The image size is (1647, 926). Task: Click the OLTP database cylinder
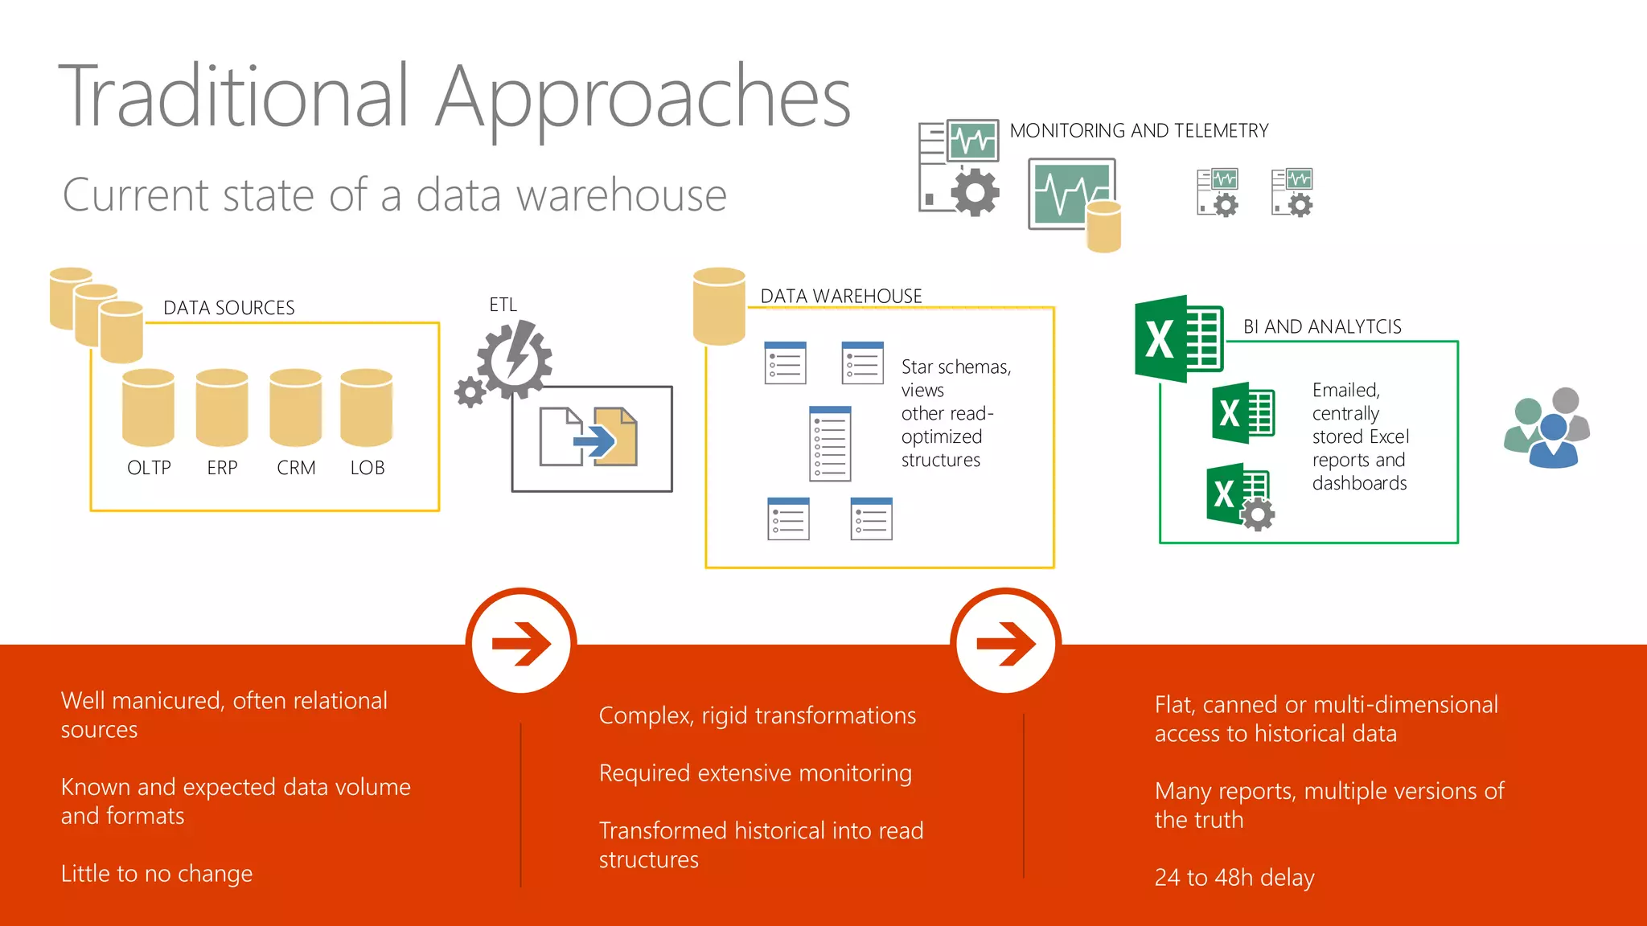point(148,407)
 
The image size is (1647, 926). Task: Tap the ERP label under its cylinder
point(222,468)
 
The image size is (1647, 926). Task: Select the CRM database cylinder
point(296,407)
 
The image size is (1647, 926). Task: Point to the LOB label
point(368,468)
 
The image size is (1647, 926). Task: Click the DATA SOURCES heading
point(228,308)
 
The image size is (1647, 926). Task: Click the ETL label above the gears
point(503,305)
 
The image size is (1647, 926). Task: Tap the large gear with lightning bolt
point(515,359)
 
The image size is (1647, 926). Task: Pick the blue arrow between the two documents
point(594,440)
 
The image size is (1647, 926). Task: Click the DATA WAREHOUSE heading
point(841,297)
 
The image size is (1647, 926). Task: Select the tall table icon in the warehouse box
point(830,444)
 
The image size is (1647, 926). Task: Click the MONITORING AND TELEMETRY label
point(1139,131)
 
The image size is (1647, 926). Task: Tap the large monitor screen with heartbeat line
point(1070,193)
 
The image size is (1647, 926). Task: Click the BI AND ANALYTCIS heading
point(1322,326)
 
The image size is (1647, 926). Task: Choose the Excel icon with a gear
point(1239,495)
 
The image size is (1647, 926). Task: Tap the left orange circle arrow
point(521,642)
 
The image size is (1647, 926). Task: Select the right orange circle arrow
point(1005,642)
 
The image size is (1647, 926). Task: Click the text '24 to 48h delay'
point(1234,877)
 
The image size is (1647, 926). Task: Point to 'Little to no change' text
point(157,873)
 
